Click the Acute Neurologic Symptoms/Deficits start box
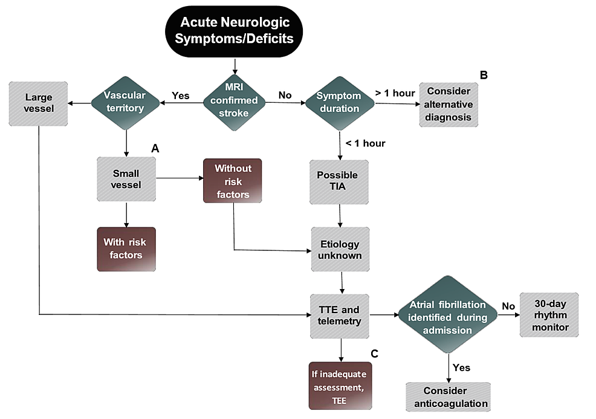(235, 31)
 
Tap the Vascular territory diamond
(125, 103)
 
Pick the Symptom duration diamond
(338, 103)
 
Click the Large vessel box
(39, 103)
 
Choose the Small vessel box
(126, 180)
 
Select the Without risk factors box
(233, 180)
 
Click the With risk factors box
(126, 249)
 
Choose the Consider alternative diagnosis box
(449, 104)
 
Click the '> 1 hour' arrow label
(395, 93)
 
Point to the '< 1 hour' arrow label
(365, 143)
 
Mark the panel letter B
(483, 76)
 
